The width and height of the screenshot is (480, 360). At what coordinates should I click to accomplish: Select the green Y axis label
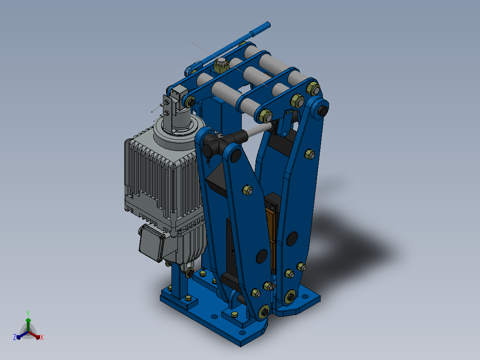28,313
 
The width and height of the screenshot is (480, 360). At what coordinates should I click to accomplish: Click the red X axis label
42,337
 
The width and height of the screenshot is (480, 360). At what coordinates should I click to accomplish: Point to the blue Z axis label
15,337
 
